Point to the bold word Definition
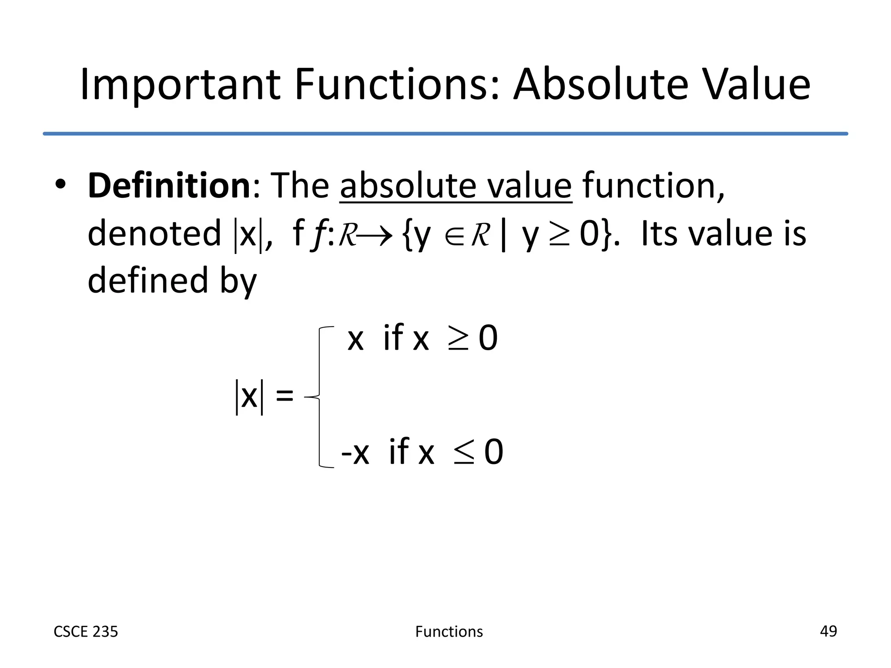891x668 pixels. [x=169, y=186]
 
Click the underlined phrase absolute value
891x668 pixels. [x=456, y=187]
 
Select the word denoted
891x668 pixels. [x=154, y=234]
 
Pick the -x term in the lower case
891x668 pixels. [x=355, y=453]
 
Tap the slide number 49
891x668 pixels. [x=828, y=631]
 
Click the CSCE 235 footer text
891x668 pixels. [x=86, y=631]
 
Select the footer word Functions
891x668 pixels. [x=449, y=631]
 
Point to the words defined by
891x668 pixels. [x=172, y=281]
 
